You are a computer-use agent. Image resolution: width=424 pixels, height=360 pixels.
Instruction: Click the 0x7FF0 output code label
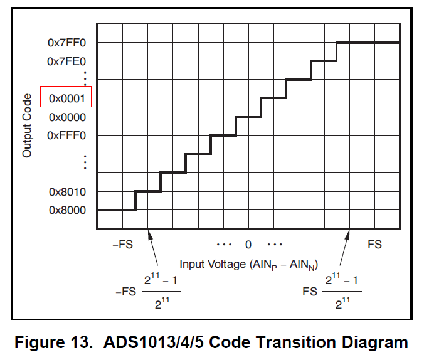67,43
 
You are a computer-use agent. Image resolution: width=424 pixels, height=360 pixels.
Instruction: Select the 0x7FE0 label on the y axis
67,61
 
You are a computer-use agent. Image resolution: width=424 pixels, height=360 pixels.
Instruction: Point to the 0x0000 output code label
67,117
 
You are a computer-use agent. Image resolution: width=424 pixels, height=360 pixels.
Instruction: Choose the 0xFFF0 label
67,135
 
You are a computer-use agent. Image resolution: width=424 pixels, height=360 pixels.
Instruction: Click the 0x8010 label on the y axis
67,192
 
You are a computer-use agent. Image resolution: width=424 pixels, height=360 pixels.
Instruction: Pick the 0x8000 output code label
67,210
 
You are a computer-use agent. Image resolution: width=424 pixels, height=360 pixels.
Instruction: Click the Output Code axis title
26,125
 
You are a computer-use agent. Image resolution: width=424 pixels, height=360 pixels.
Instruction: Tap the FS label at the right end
374,245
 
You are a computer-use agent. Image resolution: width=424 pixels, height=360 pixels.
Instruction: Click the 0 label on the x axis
248,245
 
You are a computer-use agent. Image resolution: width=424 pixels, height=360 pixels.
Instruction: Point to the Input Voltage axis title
248,264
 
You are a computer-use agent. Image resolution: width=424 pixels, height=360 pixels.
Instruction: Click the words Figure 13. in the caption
50,342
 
